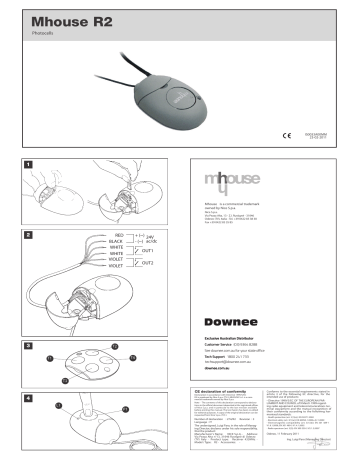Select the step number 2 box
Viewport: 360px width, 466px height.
pos(30,235)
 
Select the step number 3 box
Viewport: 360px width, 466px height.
pos(30,344)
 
